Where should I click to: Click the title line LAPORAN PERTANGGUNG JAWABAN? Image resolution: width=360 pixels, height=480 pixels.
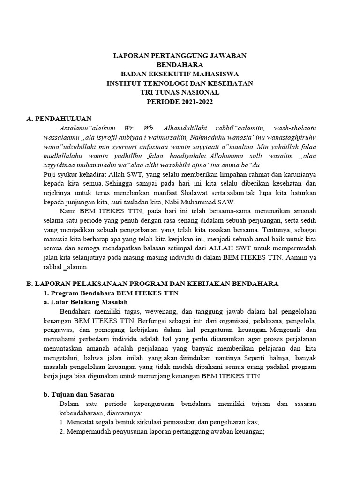(x=180, y=56)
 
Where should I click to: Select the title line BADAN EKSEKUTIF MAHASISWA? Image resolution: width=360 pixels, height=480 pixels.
(x=180, y=74)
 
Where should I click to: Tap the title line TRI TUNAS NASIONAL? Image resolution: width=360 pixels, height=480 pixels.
(x=180, y=92)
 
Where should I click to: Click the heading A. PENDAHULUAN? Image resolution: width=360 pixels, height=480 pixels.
(x=59, y=119)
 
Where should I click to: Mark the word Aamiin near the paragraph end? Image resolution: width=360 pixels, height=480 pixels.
(x=297, y=257)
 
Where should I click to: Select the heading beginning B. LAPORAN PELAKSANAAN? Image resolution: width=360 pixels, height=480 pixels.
(x=153, y=284)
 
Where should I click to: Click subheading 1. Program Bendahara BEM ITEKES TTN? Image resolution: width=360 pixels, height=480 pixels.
(x=110, y=292)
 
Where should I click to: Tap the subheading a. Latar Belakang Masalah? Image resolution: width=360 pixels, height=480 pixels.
(x=85, y=302)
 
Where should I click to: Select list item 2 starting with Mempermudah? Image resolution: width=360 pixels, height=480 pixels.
(x=162, y=431)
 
